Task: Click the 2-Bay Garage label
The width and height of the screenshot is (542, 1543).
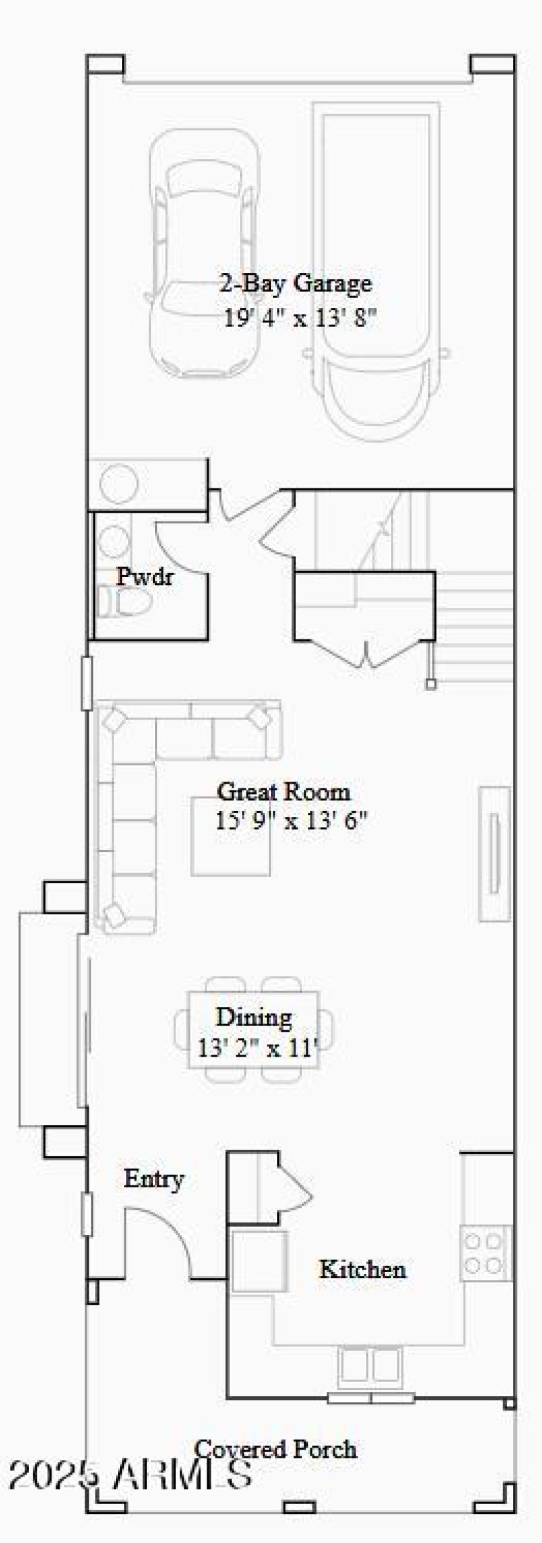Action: click(x=295, y=282)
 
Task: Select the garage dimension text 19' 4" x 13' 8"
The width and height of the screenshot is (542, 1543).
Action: click(x=299, y=317)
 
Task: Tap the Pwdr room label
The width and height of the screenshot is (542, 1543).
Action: click(x=144, y=576)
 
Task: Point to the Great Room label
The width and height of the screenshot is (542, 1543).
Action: click(x=283, y=791)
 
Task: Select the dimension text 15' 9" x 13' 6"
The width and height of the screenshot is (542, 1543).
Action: click(x=291, y=820)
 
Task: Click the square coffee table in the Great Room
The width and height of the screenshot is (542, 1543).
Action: click(x=231, y=837)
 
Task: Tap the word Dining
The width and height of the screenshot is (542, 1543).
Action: click(x=254, y=1017)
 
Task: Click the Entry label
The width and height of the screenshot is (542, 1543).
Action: click(x=154, y=1179)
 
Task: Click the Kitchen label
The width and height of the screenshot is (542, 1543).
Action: click(x=362, y=1269)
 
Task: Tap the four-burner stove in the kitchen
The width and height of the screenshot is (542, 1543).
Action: click(x=485, y=1253)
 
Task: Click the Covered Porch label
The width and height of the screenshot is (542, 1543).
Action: click(x=275, y=1449)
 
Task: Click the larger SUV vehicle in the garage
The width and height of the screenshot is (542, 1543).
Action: click(x=376, y=271)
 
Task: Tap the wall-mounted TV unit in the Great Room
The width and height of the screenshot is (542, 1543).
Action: click(x=495, y=853)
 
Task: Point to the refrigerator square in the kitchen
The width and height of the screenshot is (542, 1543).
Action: click(x=259, y=1260)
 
